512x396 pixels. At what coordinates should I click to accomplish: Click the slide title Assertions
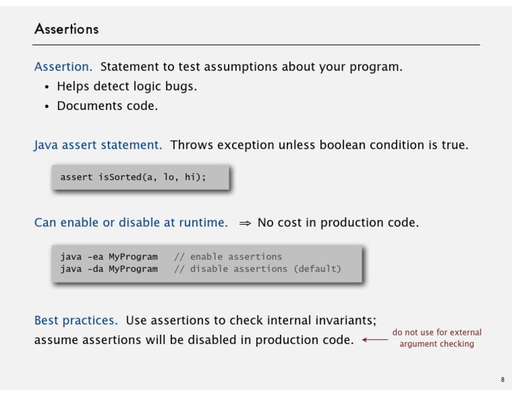tap(67, 29)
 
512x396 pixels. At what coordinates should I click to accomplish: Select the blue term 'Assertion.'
tap(63, 67)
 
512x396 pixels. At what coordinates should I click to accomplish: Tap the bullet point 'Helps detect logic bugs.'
tap(127, 87)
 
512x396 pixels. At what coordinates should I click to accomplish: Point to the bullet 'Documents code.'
tap(107, 106)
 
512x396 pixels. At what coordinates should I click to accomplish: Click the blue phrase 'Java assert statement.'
tap(97, 145)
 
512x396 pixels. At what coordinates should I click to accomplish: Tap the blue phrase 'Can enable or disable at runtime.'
tap(131, 222)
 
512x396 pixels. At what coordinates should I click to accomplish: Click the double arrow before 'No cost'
tap(245, 223)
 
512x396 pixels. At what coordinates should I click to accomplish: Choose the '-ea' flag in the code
tap(95, 257)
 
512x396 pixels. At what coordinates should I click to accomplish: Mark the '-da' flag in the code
tap(95, 269)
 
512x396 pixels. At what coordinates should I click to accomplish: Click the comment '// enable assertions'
tap(228, 257)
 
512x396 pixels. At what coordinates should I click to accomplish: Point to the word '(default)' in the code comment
tap(317, 269)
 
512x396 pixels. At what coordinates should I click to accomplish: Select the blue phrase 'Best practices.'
tap(76, 320)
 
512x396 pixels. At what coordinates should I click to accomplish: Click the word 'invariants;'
tap(346, 320)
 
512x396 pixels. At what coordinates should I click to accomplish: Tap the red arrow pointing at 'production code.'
tap(375, 340)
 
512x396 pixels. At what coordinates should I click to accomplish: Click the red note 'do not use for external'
tap(437, 333)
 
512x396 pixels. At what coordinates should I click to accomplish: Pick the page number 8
tap(503, 380)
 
